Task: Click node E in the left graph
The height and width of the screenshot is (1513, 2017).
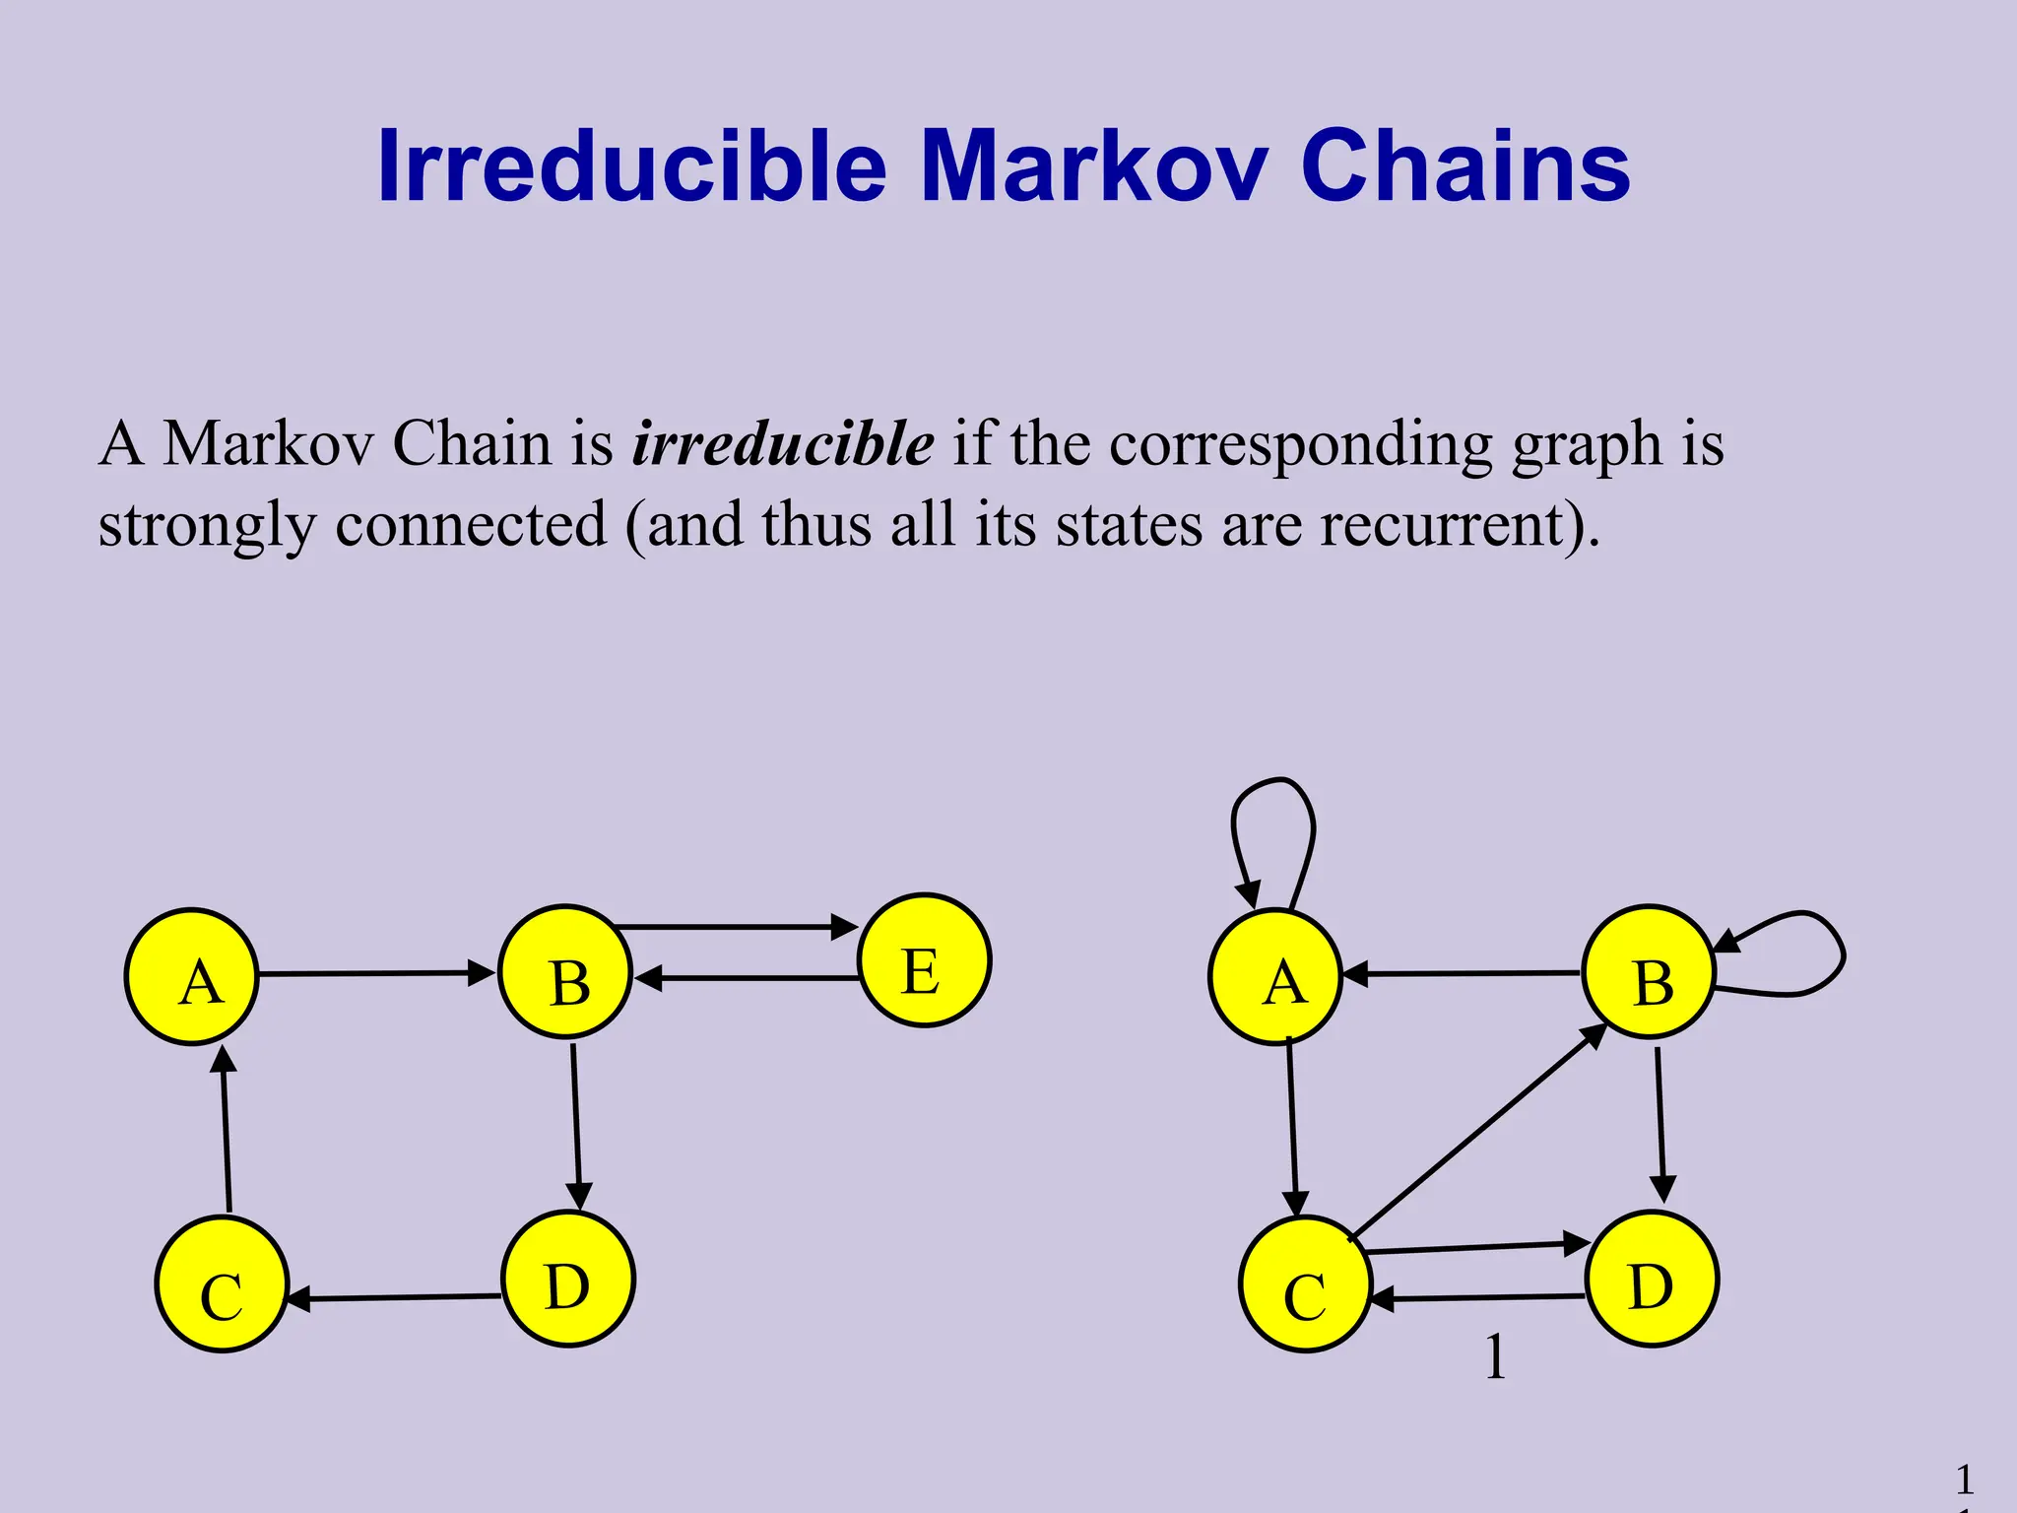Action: point(924,960)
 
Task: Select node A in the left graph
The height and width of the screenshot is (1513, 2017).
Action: point(192,976)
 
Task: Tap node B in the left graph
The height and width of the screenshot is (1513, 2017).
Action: point(565,972)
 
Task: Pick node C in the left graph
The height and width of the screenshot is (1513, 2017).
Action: point(222,1283)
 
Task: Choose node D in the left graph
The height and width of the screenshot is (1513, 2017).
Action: point(568,1279)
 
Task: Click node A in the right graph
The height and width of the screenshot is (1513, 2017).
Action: point(1275,976)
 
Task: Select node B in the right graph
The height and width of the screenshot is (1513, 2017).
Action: point(1650,972)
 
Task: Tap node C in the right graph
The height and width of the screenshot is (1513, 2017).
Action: point(1305,1283)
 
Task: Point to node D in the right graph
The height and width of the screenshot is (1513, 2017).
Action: point(1652,1279)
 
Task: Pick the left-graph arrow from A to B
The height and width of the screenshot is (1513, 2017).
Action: point(374,973)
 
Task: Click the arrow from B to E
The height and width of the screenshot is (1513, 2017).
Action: point(734,927)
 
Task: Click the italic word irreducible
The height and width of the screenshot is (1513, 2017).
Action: point(783,443)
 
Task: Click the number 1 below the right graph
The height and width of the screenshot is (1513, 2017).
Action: point(1495,1356)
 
